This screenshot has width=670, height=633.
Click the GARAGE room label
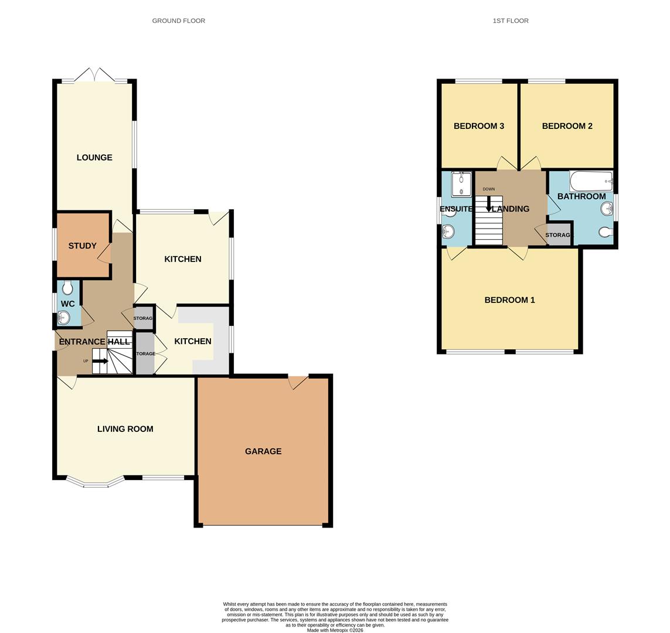point(263,451)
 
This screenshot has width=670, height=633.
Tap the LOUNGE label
point(94,158)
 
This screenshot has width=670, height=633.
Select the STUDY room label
point(82,246)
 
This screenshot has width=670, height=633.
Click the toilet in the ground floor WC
point(67,288)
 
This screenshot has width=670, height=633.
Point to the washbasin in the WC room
point(64,318)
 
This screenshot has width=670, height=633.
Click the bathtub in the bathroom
point(590,181)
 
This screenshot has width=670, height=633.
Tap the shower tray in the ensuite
point(461,184)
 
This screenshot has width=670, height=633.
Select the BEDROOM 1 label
point(509,300)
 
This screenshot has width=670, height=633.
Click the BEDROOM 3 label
point(479,126)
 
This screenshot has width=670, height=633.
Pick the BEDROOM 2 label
point(567,126)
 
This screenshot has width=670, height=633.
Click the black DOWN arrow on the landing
point(489,205)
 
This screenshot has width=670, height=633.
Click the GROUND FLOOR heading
point(179,21)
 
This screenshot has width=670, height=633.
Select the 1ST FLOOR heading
point(511,21)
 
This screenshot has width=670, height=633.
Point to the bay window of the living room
point(96,482)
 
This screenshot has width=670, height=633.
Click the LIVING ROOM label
point(125,429)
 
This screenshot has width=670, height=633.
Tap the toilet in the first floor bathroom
point(606,232)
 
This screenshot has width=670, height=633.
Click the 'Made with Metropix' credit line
point(335,630)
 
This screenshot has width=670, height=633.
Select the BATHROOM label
point(581,196)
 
